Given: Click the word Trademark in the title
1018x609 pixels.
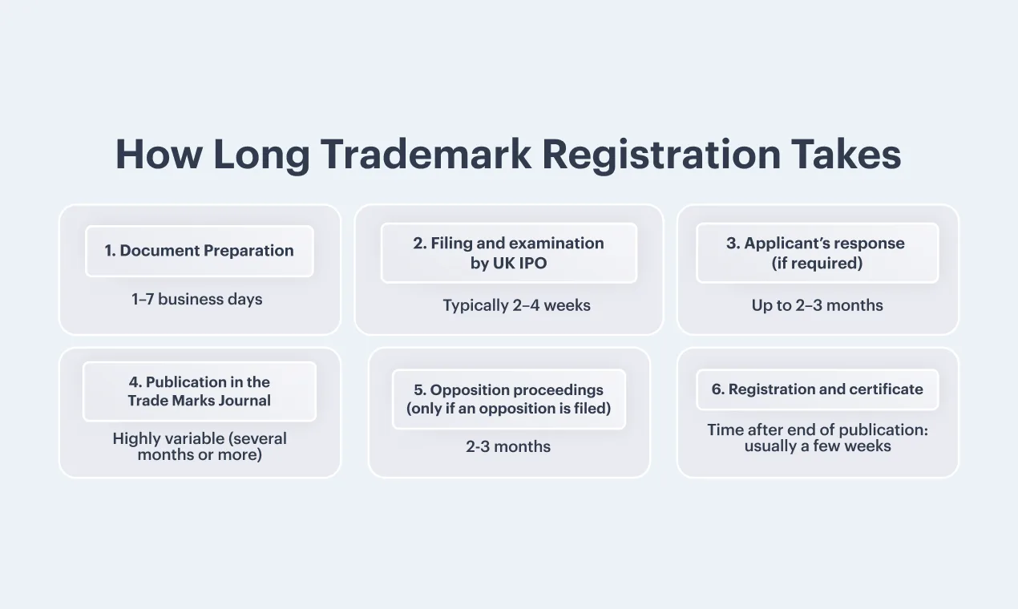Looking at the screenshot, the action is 426,154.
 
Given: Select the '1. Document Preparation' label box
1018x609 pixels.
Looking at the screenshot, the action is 200,251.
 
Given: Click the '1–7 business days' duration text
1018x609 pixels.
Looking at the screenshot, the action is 196,299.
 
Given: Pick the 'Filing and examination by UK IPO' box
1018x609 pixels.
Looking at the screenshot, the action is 509,252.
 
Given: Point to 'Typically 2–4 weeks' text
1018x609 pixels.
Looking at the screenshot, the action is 517,305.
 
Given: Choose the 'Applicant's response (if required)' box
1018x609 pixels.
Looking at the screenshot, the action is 818,252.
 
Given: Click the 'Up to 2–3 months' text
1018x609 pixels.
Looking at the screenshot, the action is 817,305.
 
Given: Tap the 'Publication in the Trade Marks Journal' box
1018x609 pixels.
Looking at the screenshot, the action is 200,391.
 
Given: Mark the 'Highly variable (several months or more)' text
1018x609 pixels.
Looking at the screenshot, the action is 200,446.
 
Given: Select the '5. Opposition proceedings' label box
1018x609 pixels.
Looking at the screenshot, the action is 509,399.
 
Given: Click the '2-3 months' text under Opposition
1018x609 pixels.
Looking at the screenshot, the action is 508,446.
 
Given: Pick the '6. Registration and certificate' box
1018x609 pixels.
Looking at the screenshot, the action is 818,389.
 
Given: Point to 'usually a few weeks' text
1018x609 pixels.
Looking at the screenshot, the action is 818,446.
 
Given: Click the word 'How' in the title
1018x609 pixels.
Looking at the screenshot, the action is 159,154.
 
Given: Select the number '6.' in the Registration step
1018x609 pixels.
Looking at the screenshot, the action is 718,389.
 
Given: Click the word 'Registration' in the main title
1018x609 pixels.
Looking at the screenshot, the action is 661,154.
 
